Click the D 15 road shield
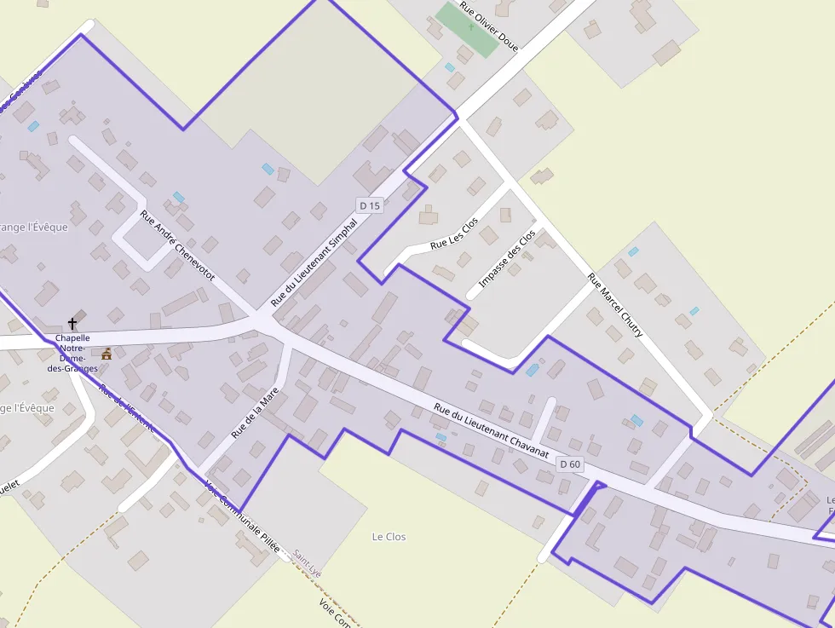tap(370, 205)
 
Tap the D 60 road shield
tap(570, 464)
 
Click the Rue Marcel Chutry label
tap(615, 305)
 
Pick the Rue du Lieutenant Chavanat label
tap(490, 431)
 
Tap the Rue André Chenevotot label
tap(177, 246)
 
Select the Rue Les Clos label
tap(454, 233)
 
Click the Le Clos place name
tap(389, 537)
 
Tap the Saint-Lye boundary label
tap(307, 563)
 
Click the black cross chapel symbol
tap(72, 324)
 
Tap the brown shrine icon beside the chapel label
tap(107, 354)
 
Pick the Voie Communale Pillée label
tap(243, 518)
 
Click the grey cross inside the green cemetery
tap(470, 26)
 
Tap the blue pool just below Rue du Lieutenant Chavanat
tap(441, 437)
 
